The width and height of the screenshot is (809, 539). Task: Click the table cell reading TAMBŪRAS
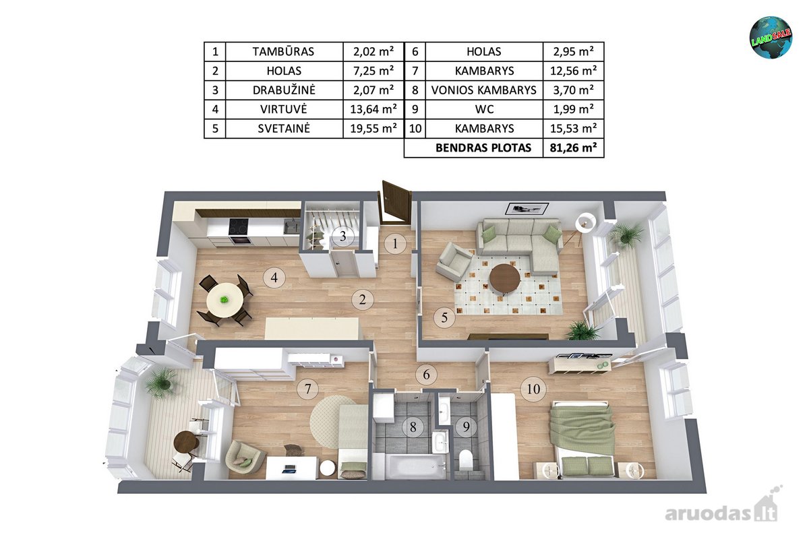tap(284, 52)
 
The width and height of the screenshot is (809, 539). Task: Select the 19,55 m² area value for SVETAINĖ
tap(373, 129)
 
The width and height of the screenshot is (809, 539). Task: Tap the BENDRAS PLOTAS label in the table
tap(483, 148)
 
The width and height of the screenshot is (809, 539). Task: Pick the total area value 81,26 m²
tap(573, 148)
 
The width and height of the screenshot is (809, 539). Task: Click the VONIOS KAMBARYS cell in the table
tap(484, 90)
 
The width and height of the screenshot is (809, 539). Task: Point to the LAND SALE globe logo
tap(771, 37)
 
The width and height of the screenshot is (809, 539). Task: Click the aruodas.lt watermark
tap(721, 509)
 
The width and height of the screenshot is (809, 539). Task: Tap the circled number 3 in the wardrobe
tap(342, 236)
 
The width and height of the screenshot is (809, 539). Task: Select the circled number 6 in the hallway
tap(426, 375)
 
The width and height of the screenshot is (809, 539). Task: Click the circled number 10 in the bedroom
tap(533, 389)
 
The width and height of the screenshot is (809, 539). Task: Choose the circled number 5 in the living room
tap(444, 317)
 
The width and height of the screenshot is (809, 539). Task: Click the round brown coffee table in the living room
tap(504, 279)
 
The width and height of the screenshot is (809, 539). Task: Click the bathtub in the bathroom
tap(413, 466)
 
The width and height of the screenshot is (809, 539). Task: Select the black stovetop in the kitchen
tap(239, 227)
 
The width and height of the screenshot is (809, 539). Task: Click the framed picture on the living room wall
tap(527, 209)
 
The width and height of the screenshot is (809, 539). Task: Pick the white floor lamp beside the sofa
tap(585, 222)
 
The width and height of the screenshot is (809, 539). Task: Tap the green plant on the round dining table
tap(224, 300)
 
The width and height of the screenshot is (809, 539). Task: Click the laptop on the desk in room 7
tap(290, 469)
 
